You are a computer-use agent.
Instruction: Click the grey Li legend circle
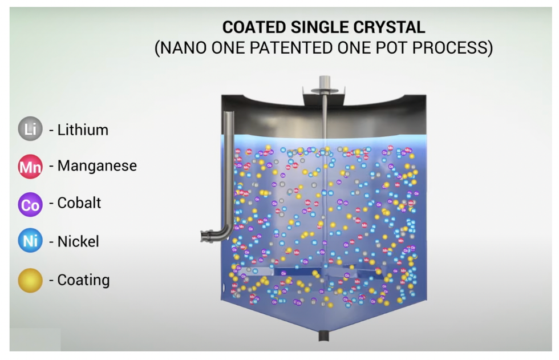pyautogui.click(x=30, y=130)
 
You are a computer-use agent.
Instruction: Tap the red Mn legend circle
pyautogui.click(x=30, y=167)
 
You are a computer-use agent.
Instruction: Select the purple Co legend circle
pyautogui.click(x=30, y=204)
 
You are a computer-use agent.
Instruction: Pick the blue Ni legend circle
pyautogui.click(x=30, y=241)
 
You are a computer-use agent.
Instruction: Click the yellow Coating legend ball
pyautogui.click(x=30, y=280)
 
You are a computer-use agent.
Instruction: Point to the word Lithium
pyautogui.click(x=83, y=130)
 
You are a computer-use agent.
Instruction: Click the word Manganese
pyautogui.click(x=97, y=166)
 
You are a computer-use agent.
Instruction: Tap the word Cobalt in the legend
pyautogui.click(x=79, y=203)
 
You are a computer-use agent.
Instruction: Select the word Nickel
pyautogui.click(x=78, y=241)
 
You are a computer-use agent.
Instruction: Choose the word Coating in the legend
pyautogui.click(x=83, y=280)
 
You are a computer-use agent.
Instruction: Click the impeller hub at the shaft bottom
pyautogui.click(x=323, y=272)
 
